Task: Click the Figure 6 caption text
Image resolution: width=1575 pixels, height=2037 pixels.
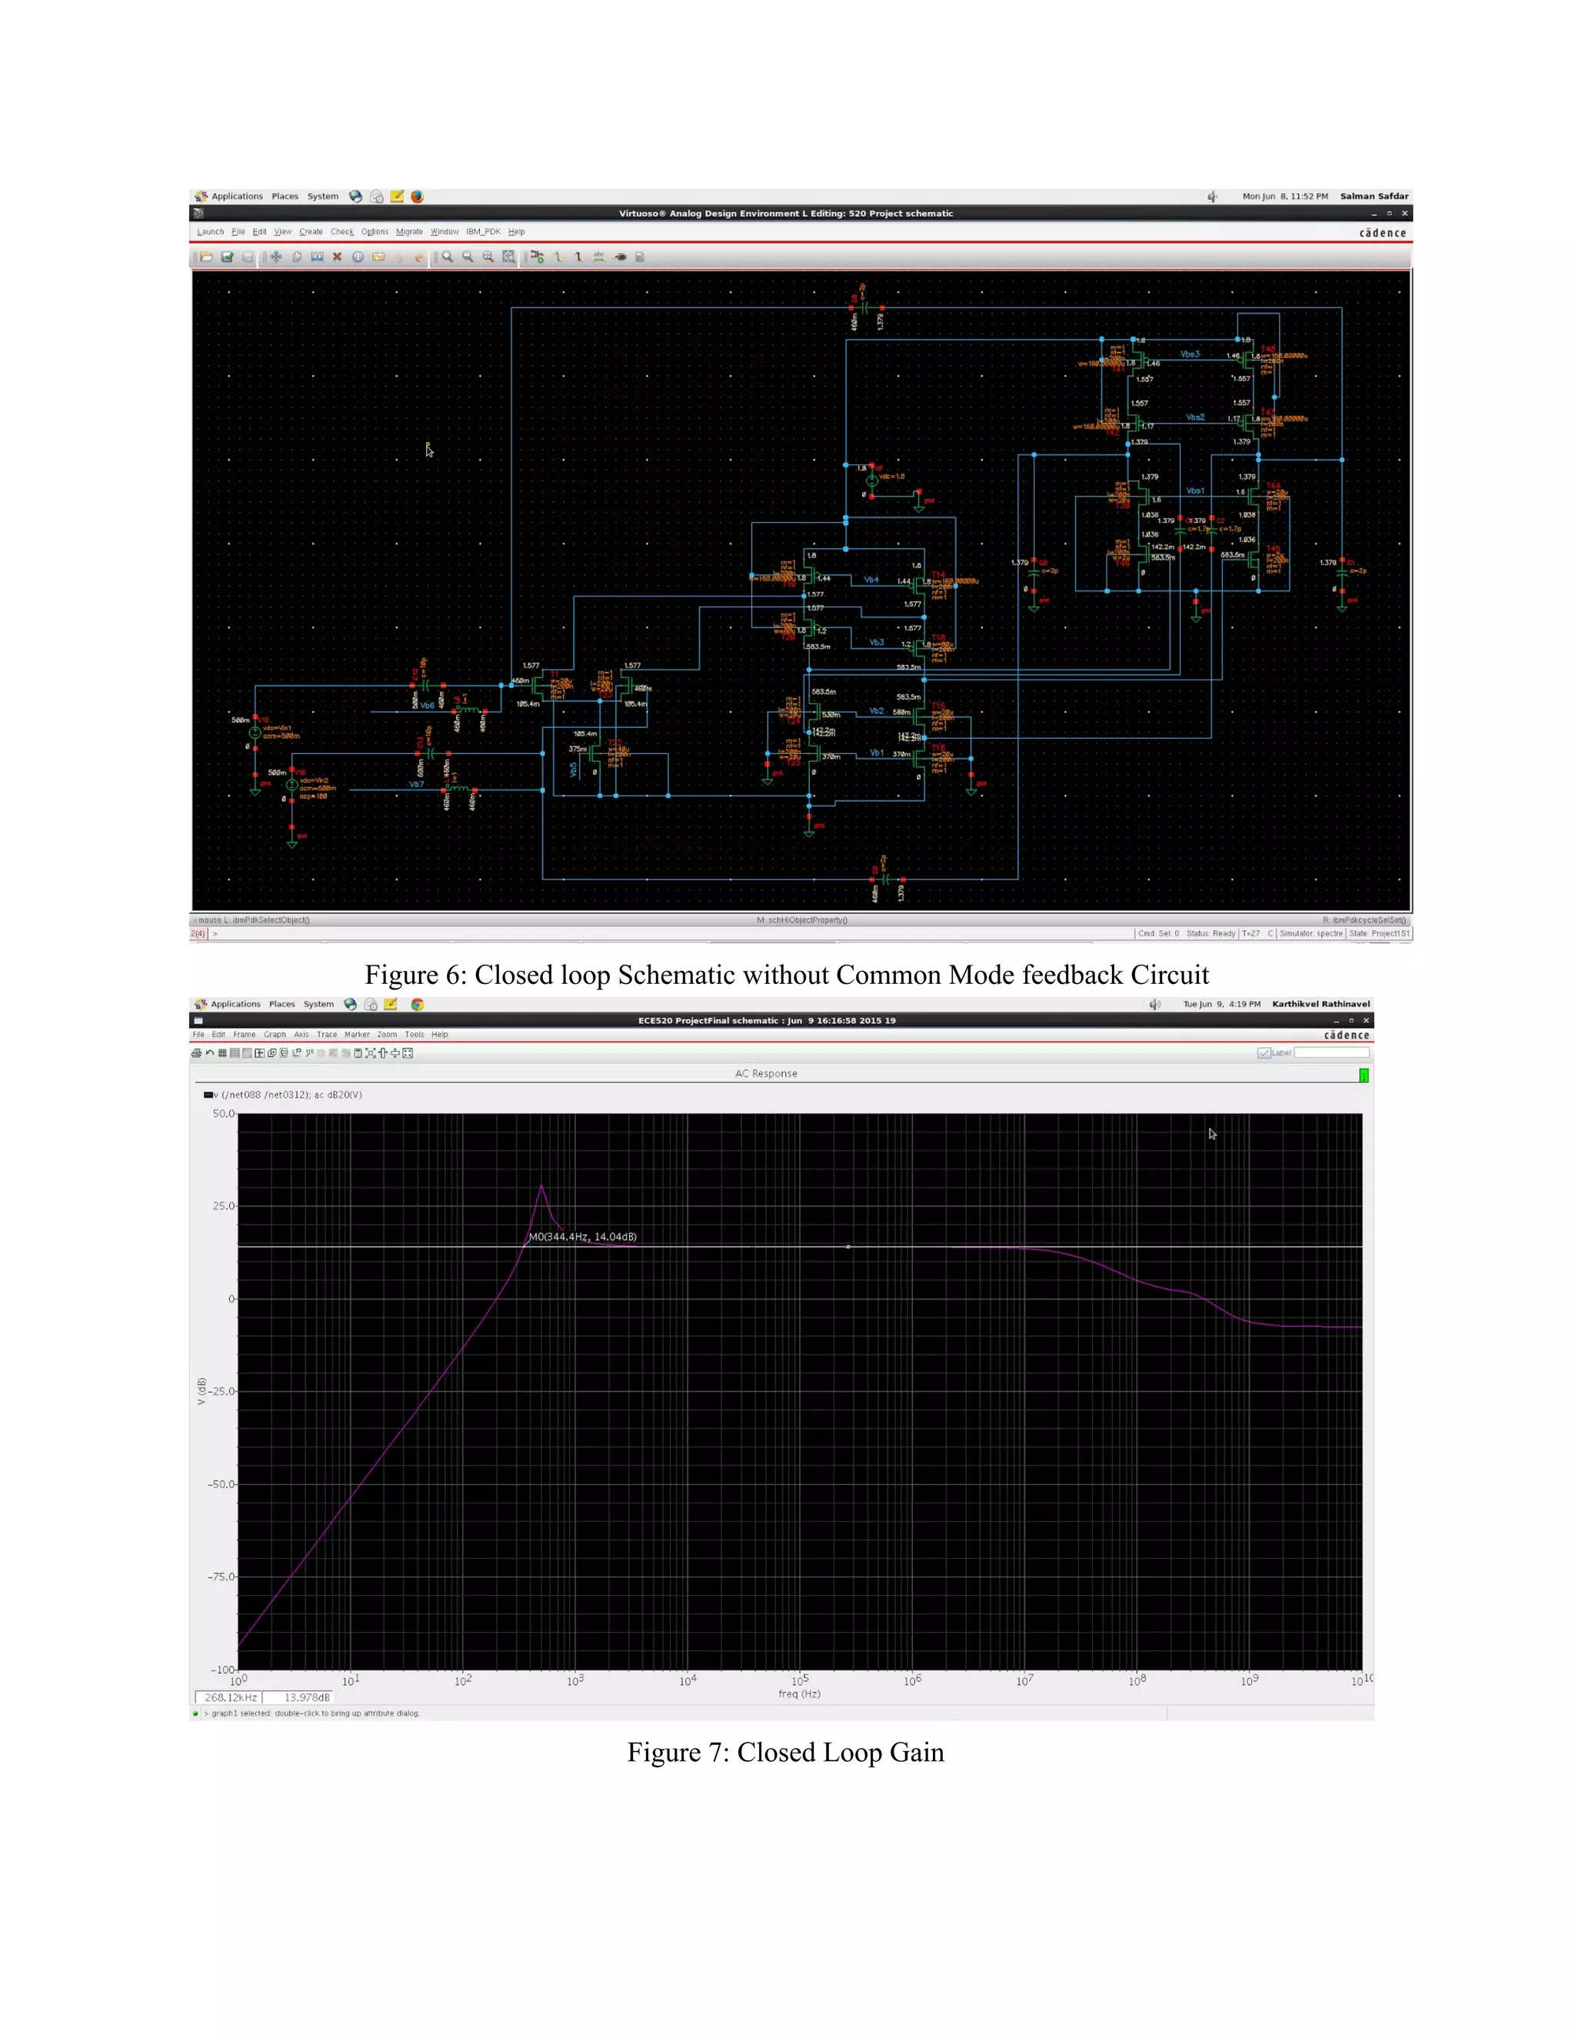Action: pos(787,975)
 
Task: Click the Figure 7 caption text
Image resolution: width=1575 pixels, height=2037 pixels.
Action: pos(786,1752)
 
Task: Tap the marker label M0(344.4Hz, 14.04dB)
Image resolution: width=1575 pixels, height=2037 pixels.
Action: pos(583,1237)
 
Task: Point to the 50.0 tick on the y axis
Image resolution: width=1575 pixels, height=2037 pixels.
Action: pos(223,1114)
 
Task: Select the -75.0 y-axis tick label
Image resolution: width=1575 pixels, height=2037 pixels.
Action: pos(221,1577)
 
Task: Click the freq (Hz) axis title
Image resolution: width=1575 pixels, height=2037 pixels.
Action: pos(800,1693)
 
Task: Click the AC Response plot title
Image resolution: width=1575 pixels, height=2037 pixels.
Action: pos(766,1074)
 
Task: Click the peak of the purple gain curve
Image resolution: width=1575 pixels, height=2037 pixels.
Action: pos(542,1185)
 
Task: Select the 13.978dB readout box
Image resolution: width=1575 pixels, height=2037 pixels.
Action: pos(307,1697)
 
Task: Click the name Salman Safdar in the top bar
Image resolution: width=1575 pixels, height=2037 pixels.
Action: pos(1374,197)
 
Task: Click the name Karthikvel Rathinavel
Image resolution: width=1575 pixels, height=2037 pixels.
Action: pos(1321,1005)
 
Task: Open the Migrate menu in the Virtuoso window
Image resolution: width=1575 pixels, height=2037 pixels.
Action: pos(408,232)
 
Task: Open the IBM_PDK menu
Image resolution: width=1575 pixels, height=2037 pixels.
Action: pos(483,232)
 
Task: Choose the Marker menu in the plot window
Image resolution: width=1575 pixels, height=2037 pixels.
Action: pos(356,1035)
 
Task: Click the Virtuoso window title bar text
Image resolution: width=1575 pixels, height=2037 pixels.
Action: pos(786,214)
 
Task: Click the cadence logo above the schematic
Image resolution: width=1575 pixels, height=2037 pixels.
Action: pos(1383,233)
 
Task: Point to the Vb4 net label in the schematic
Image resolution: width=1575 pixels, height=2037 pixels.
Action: pos(871,580)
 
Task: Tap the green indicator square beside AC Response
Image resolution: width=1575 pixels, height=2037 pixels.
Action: pos(1364,1075)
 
